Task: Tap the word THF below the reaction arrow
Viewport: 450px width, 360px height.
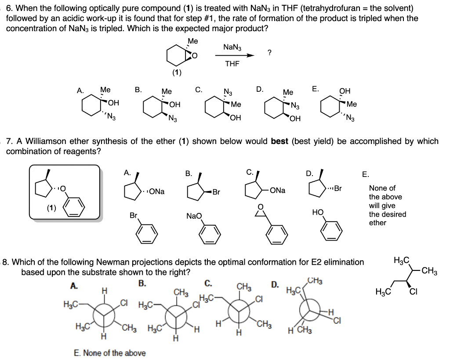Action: (x=232, y=64)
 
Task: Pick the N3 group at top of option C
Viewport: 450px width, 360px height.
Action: (x=228, y=92)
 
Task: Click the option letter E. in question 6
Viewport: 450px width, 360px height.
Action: (x=316, y=89)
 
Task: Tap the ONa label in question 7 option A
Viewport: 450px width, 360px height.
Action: (x=157, y=192)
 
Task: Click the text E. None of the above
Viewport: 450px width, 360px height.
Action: (x=108, y=353)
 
